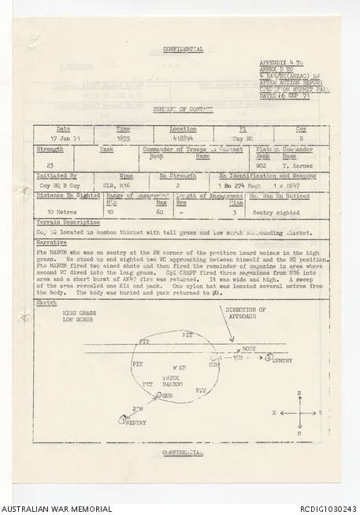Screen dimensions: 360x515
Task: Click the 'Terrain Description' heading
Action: [x=61, y=223]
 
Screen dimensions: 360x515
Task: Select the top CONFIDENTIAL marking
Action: [x=182, y=50]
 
